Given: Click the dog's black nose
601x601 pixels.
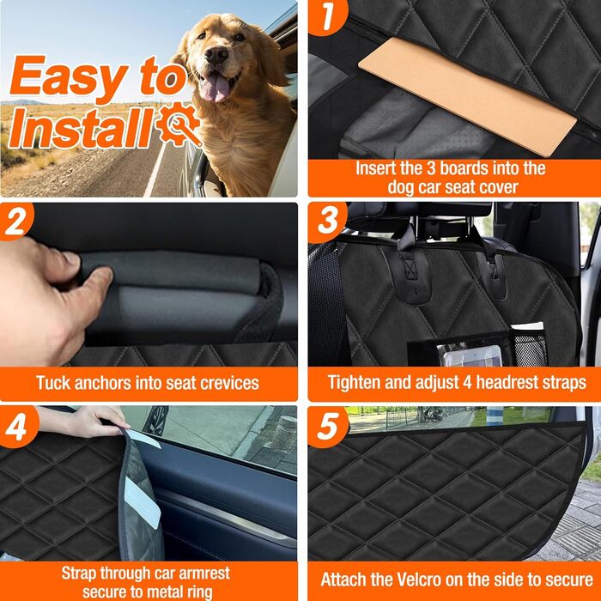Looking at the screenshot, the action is coord(216,54).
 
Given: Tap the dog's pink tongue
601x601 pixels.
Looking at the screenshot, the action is coord(216,88).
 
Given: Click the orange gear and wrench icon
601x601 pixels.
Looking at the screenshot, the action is coord(179,124).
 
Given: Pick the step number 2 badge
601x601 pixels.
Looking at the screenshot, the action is coord(15,222).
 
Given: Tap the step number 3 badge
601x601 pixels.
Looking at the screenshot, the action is coord(327,222).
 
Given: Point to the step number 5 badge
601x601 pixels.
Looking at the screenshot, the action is coord(328,427).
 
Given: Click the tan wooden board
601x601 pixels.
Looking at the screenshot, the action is coord(467,96).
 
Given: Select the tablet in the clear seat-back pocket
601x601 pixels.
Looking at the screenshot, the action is coord(472,356).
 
